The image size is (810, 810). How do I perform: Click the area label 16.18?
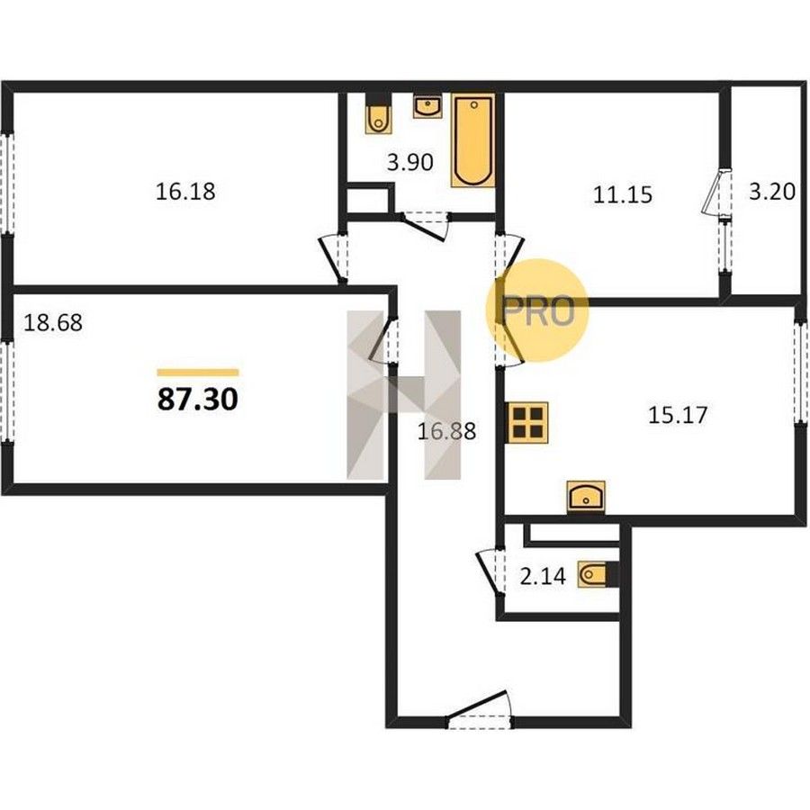(x=185, y=191)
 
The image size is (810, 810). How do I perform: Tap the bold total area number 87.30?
(x=198, y=399)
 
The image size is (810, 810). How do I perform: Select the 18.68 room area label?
(x=53, y=323)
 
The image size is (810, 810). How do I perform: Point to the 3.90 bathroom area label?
(x=409, y=163)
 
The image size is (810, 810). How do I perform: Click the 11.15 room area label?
(x=623, y=194)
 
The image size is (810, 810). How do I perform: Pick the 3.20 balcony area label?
(x=772, y=192)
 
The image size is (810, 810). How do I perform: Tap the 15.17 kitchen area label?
(x=677, y=415)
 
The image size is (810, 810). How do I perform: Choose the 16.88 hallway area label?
(x=446, y=431)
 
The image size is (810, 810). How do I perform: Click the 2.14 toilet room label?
(x=543, y=576)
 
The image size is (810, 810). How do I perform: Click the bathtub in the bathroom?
(x=473, y=139)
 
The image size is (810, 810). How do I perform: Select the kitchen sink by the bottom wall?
(x=586, y=496)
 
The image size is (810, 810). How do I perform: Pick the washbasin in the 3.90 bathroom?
(x=427, y=106)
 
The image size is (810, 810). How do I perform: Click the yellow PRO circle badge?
(x=537, y=310)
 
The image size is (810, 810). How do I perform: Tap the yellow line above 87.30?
(x=198, y=373)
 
